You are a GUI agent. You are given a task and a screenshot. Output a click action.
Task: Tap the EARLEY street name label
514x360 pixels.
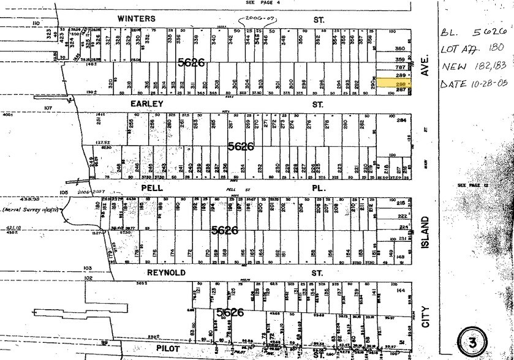click(x=146, y=105)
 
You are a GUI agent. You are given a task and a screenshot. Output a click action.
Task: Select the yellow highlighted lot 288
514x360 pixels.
click(x=391, y=82)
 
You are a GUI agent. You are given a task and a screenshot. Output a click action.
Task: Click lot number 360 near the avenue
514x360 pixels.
click(x=401, y=48)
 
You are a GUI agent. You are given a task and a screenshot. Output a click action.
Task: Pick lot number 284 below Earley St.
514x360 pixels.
click(x=401, y=121)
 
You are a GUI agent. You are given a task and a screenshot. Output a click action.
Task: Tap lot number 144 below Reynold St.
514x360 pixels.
click(x=401, y=293)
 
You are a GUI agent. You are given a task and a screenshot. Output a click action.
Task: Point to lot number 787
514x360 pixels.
click(x=400, y=67)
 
